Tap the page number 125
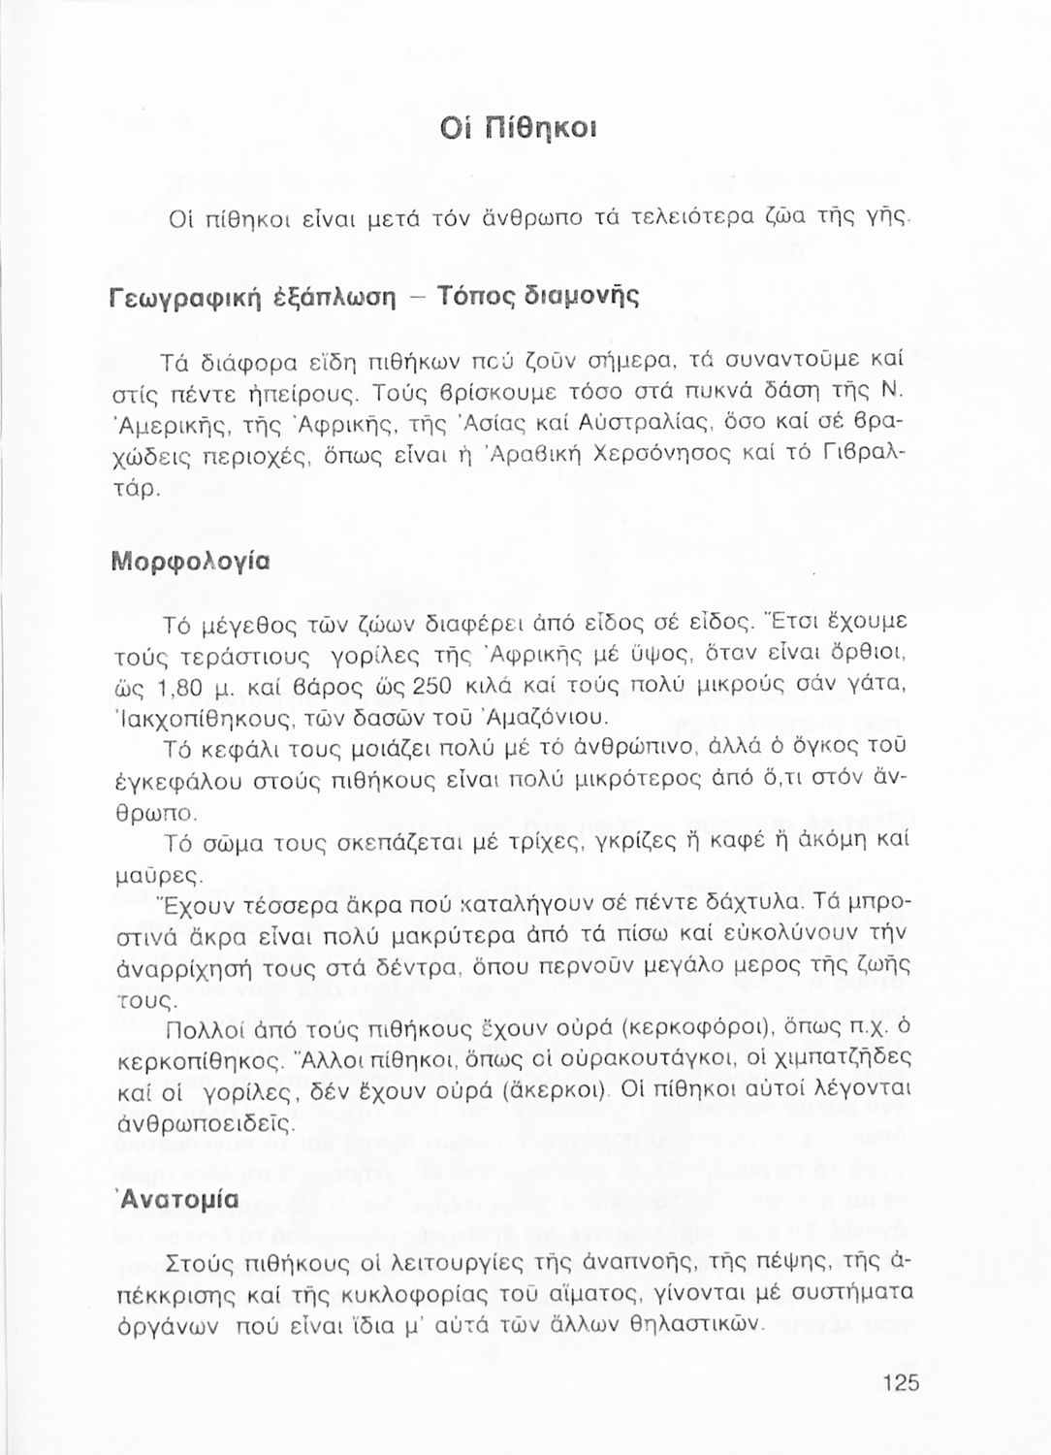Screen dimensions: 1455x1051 [x=901, y=1383]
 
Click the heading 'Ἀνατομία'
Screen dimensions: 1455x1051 [x=177, y=1199]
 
